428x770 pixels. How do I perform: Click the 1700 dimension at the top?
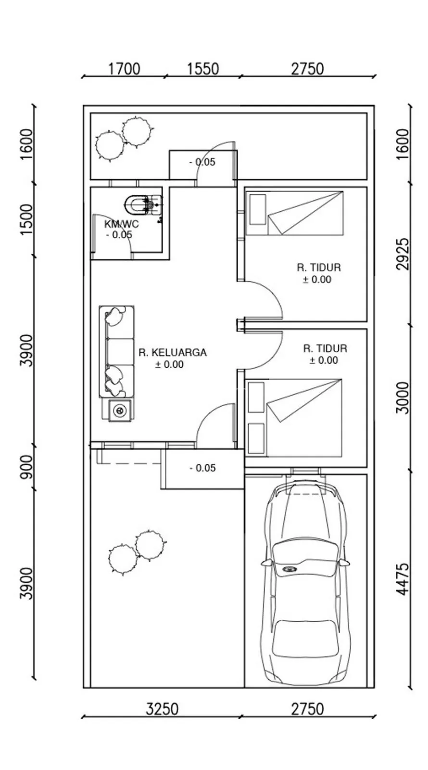pyautogui.click(x=124, y=69)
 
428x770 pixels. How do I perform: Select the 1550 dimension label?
pyautogui.click(x=202, y=69)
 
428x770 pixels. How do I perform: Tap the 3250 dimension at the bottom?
pyautogui.click(x=162, y=709)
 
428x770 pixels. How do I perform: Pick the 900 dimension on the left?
pyautogui.click(x=26, y=467)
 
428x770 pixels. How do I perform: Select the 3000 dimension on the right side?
pyautogui.click(x=403, y=398)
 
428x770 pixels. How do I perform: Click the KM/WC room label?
pyautogui.click(x=122, y=224)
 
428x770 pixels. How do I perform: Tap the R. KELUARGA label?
pyautogui.click(x=173, y=353)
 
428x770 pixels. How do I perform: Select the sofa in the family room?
pyautogui.click(x=116, y=351)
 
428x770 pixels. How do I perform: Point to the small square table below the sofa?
pyautogui.click(x=120, y=410)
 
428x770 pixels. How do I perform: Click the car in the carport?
pyautogui.click(x=305, y=584)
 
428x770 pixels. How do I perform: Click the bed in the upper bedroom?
pyautogui.click(x=295, y=213)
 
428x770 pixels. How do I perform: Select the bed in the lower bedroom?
pyautogui.click(x=294, y=418)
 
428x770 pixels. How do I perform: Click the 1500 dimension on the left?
pyautogui.click(x=26, y=219)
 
